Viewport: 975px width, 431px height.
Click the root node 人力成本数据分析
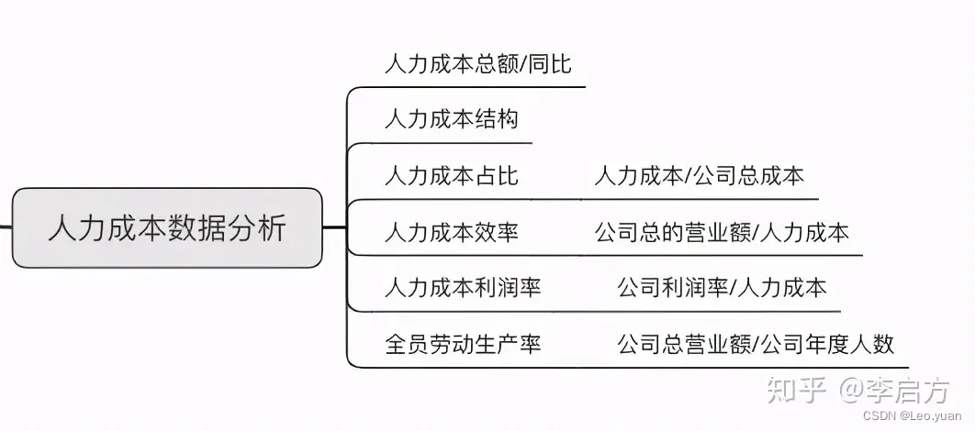[167, 227]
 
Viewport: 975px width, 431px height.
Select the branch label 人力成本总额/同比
[477, 63]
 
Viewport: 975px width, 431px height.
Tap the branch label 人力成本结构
[451, 119]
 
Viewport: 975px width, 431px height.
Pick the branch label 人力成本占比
[451, 176]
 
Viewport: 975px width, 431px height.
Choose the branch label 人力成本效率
[451, 232]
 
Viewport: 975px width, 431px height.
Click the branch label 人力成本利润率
[463, 288]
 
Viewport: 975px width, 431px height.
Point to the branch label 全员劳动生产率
[463, 344]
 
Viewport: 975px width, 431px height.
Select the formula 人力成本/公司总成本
[699, 176]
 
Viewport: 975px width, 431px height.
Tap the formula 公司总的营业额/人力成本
[722, 232]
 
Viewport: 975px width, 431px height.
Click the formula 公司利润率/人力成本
[722, 288]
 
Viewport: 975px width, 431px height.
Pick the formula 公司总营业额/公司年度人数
[755, 344]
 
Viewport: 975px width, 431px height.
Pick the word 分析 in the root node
[260, 227]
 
